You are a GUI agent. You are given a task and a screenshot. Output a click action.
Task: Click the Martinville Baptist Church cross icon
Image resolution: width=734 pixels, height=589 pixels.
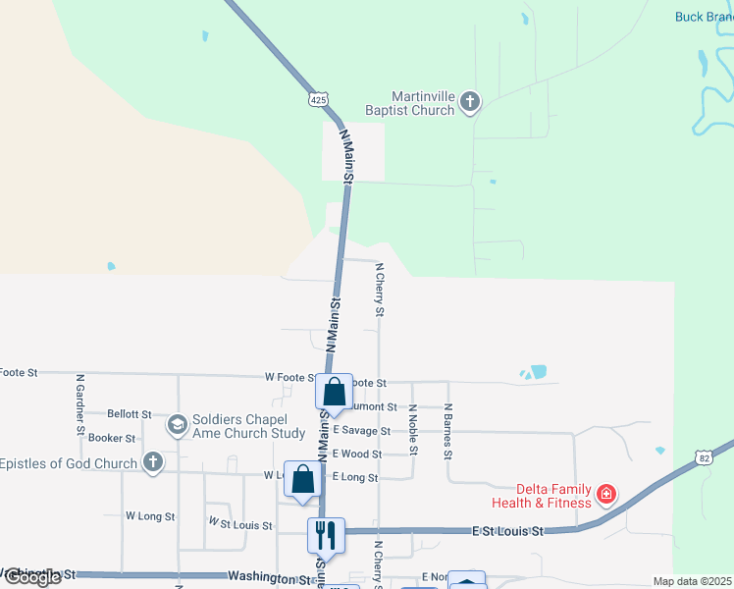tap(470, 102)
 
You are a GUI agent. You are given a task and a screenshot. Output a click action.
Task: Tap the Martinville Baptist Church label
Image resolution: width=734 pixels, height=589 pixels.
tap(423, 103)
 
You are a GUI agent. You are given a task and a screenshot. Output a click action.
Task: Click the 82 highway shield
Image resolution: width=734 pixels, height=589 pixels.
tap(703, 456)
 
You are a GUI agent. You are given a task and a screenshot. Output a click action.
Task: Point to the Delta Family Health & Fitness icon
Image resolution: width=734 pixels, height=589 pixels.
tap(606, 493)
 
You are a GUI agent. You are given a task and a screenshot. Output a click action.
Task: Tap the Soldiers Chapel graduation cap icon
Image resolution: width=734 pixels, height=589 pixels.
tap(177, 424)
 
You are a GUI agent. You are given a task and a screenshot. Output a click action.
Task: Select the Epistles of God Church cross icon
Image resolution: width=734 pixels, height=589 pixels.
tap(152, 462)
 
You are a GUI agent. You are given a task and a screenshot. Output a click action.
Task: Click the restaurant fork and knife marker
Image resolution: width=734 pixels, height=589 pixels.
tap(325, 535)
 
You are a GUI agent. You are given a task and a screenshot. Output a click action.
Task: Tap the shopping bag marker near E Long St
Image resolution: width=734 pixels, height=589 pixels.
tap(303, 479)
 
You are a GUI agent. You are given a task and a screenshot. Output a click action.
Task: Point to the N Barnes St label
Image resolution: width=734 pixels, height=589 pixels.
tap(447, 432)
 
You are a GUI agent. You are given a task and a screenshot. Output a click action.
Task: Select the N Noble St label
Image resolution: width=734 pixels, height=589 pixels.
tap(413, 430)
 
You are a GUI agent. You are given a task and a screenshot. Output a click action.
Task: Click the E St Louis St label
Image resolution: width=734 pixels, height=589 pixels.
tap(506, 530)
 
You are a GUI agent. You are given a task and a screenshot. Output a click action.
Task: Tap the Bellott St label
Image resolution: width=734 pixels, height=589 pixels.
tap(130, 415)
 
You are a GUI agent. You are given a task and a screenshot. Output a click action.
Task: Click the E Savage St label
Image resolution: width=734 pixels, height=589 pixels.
tap(361, 430)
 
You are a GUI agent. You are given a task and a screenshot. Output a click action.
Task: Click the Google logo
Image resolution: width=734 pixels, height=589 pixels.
tap(31, 577)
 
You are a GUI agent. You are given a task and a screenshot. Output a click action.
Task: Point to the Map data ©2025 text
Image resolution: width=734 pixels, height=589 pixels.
tap(691, 581)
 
